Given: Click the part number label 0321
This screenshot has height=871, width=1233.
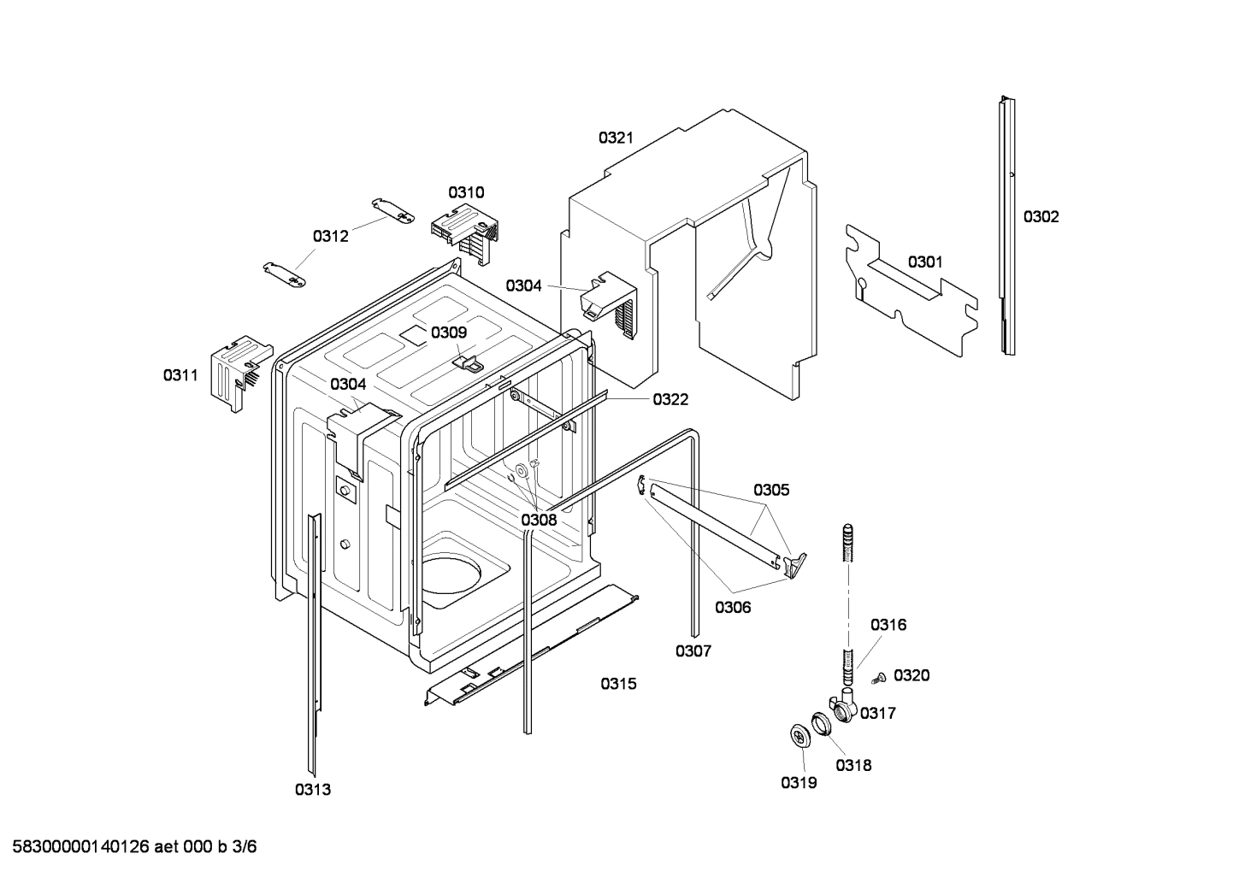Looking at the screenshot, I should (x=616, y=138).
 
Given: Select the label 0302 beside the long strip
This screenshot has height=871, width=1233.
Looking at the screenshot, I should (x=1041, y=217).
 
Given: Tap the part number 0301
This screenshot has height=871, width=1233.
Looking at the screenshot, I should (x=925, y=262).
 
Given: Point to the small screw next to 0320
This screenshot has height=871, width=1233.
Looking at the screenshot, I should (x=877, y=679).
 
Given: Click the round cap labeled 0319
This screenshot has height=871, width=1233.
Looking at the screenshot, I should (x=801, y=737).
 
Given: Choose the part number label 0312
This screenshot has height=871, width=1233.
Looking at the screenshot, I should (x=330, y=237).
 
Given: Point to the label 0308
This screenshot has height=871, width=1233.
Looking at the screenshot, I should (x=539, y=520).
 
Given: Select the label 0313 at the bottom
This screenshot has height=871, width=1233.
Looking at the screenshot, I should (x=313, y=790).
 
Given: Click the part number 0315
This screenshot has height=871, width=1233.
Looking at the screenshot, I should (x=617, y=684).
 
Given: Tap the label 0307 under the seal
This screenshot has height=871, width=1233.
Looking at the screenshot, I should (x=693, y=651).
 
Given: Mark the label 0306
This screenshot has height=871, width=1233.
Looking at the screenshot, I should (x=733, y=607).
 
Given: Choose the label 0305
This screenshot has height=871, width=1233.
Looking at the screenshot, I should (x=771, y=491).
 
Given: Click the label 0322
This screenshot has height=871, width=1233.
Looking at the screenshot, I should (x=670, y=399).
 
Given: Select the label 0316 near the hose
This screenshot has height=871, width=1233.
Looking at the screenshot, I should (x=888, y=625).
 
